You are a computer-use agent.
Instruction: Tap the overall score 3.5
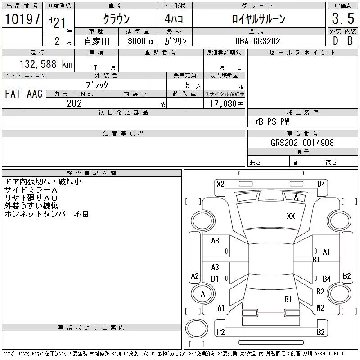[341, 19]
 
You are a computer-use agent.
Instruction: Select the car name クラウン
[117, 19]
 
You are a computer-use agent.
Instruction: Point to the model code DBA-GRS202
[258, 41]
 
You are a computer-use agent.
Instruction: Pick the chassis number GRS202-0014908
[302, 143]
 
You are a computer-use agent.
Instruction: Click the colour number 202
[75, 103]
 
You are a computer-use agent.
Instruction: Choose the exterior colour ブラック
[97, 84]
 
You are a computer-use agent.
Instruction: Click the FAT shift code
[13, 94]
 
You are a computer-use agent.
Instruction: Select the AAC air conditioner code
[35, 94]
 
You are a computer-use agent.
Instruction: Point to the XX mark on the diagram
[291, 216]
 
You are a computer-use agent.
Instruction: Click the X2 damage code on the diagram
[220, 184]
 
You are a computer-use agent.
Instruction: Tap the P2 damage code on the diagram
[220, 332]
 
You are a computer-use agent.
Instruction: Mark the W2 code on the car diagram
[320, 308]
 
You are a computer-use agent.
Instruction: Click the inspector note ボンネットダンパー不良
[47, 214]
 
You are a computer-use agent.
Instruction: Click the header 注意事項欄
[123, 134]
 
